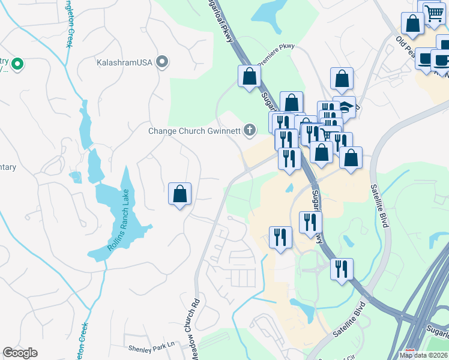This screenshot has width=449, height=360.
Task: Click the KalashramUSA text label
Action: (125, 61)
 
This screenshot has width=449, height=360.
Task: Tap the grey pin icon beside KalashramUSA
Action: (161, 61)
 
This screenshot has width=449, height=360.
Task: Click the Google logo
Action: (20, 353)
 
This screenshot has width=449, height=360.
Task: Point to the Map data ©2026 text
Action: (423, 355)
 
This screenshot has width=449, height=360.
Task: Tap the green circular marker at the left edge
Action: (17, 63)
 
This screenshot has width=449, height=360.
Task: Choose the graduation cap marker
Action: (345, 107)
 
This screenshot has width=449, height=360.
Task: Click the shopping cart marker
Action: (433, 12)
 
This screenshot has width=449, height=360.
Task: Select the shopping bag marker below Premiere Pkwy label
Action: (249, 76)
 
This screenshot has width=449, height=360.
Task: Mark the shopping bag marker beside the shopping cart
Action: (412, 25)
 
